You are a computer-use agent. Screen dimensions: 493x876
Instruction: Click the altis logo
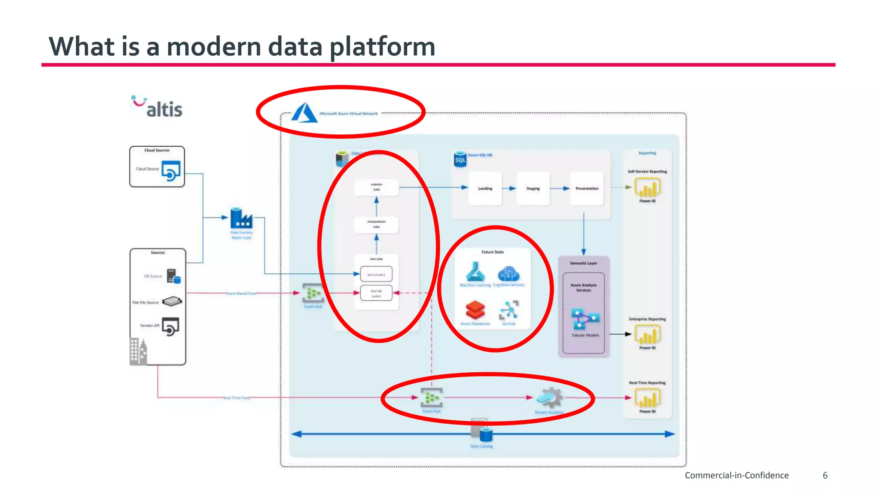coord(157,107)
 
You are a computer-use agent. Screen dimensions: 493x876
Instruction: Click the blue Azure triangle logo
coord(305,113)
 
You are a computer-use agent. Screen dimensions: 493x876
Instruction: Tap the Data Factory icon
coord(241,218)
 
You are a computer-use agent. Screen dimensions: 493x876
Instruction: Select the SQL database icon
coord(460,159)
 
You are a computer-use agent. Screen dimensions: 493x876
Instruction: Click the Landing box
coord(485,188)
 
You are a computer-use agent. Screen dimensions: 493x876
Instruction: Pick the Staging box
coord(533,188)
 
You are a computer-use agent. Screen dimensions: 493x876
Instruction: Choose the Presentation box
coord(587,188)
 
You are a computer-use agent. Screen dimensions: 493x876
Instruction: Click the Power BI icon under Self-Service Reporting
coord(648,187)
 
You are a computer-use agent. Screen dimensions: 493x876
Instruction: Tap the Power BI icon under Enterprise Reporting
coord(648,335)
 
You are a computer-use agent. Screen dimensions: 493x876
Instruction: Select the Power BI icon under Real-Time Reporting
coord(648,398)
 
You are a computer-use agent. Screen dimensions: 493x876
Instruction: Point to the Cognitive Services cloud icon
coord(509,273)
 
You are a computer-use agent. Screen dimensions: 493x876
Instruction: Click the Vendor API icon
coord(170,327)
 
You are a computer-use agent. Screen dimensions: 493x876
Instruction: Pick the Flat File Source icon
coord(172,301)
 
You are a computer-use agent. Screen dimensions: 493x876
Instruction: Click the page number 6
coord(825,475)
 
